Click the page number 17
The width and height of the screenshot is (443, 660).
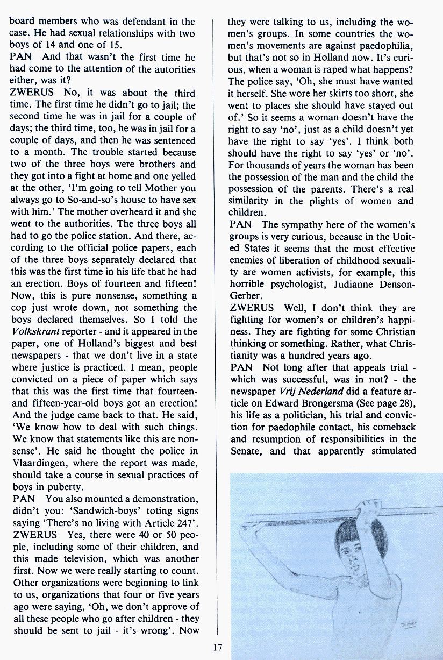click(217, 647)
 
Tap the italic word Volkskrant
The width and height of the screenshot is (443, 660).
click(34, 331)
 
